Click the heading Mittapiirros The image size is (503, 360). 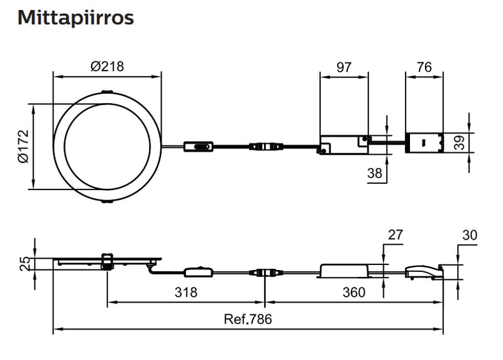pyautogui.click(x=75, y=18)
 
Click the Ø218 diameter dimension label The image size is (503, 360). pyautogui.click(x=107, y=66)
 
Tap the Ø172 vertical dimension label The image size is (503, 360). pyautogui.click(x=23, y=147)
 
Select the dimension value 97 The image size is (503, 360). pyautogui.click(x=343, y=67)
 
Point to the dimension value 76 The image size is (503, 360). pyautogui.click(x=424, y=67)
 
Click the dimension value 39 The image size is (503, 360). pyautogui.click(x=460, y=143)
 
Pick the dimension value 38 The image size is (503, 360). pyautogui.click(x=375, y=173)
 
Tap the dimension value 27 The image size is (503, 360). pyautogui.click(x=395, y=235)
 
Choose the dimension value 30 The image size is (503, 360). pyautogui.click(x=469, y=235)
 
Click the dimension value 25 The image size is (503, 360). pyautogui.click(x=23, y=263)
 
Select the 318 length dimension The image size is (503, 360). pyautogui.click(x=185, y=293)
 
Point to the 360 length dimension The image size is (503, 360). pyautogui.click(x=354, y=293)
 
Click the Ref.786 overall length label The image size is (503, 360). pyautogui.click(x=248, y=319)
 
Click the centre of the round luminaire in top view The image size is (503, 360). pyautogui.click(x=107, y=147)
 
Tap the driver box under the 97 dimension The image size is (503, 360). pyautogui.click(x=343, y=145)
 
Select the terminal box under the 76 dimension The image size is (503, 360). pyautogui.click(x=424, y=142)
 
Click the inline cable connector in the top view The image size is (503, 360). pyautogui.click(x=264, y=147)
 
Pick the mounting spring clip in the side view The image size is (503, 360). pyautogui.click(x=107, y=261)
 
